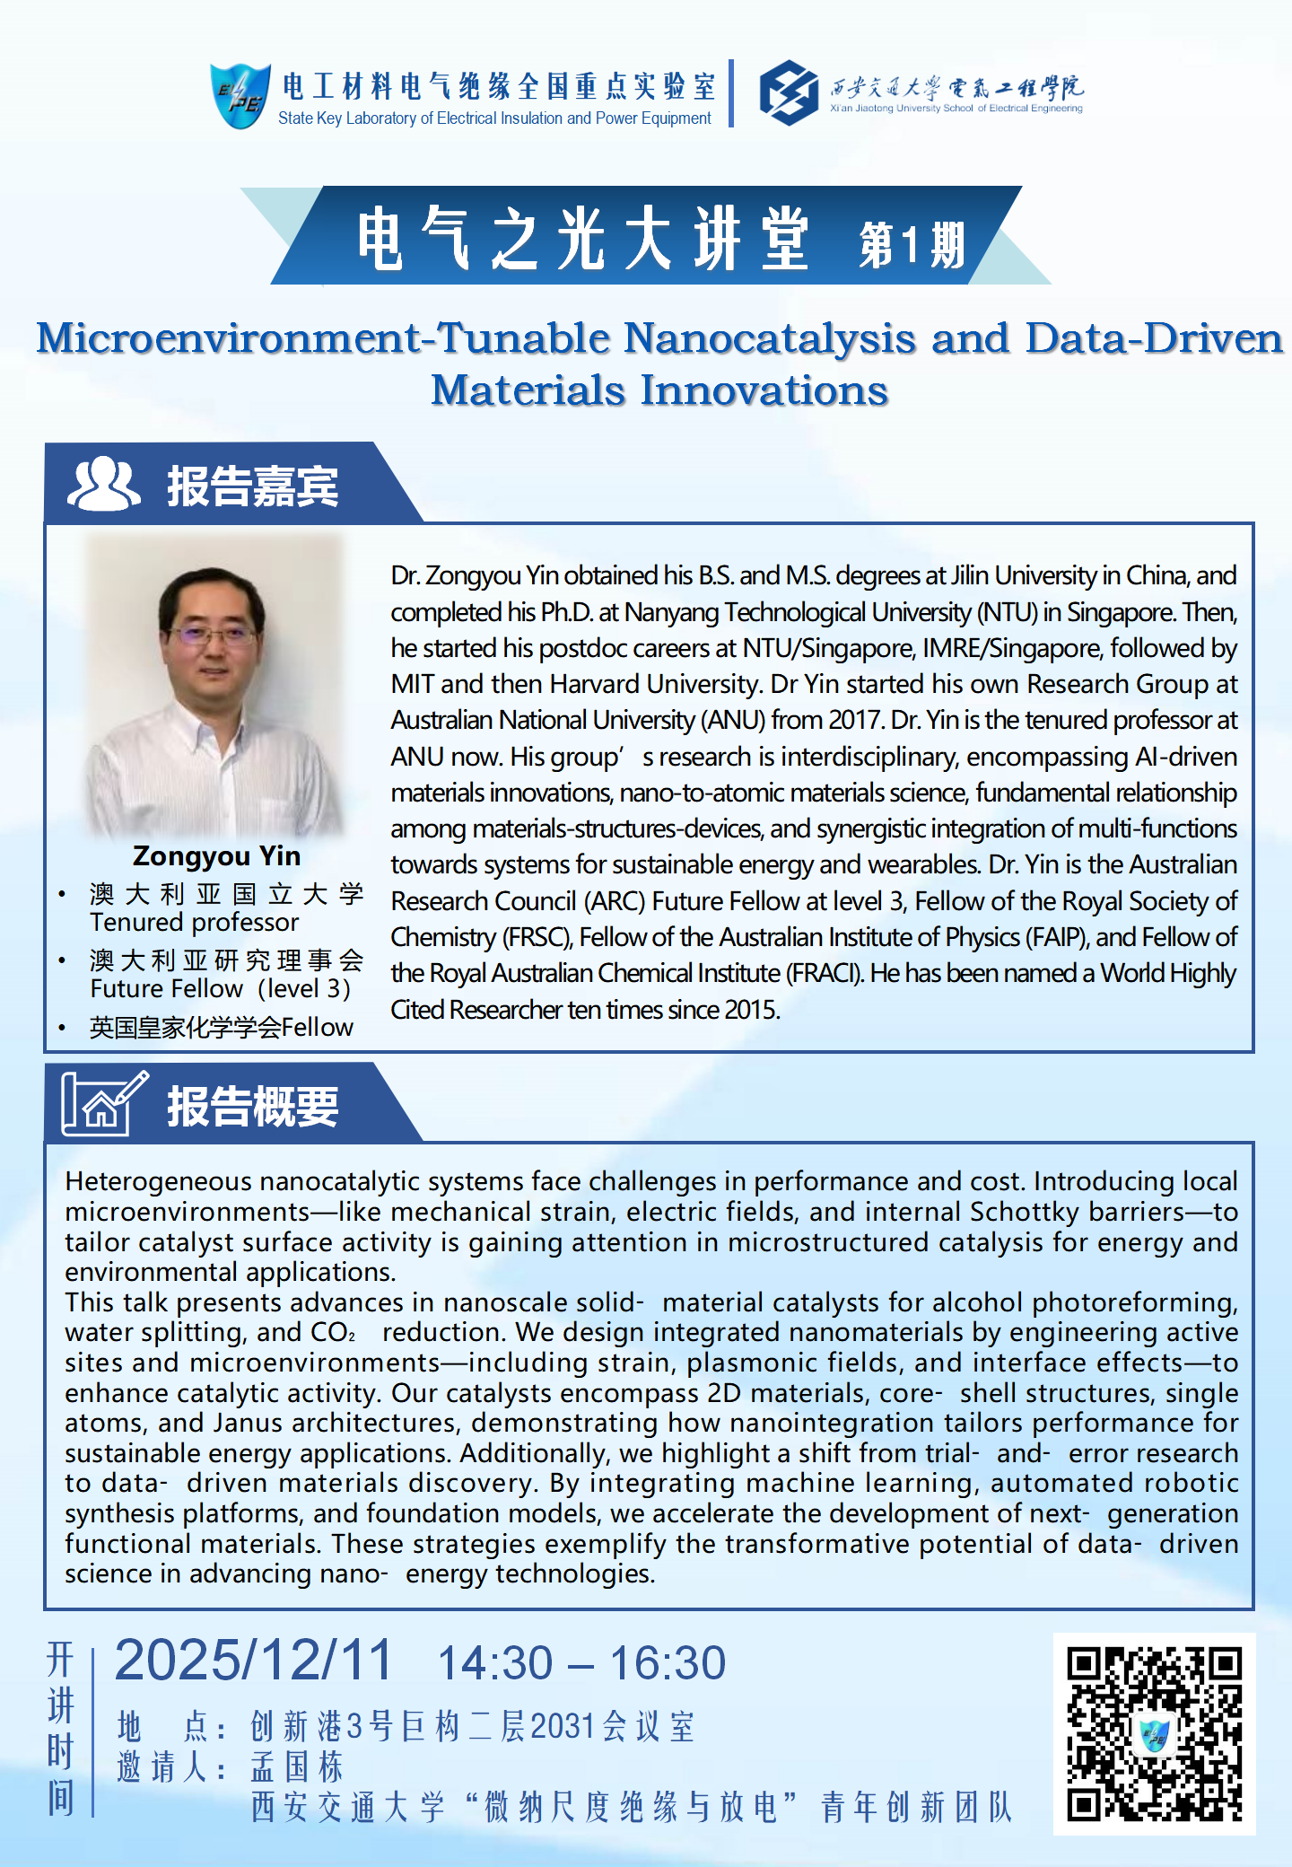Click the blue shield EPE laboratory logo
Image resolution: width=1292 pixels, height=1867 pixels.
point(239,95)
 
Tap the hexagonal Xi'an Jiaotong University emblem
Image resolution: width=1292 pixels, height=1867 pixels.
point(789,92)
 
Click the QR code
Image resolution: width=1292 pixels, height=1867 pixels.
point(1154,1733)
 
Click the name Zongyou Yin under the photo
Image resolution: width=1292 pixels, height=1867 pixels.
point(216,856)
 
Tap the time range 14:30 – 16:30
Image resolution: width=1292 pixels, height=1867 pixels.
point(581,1663)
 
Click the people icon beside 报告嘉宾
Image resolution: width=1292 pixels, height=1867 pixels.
point(104,484)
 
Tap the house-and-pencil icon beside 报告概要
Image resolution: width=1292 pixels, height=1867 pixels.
point(102,1103)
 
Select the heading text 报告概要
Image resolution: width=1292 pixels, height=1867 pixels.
point(253,1107)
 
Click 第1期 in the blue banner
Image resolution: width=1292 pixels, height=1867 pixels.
point(911,244)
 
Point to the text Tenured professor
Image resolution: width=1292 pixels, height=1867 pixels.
point(194,923)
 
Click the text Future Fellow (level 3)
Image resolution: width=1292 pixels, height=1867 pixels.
point(220,989)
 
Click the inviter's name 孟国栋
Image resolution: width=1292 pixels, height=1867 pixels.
point(297,1767)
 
